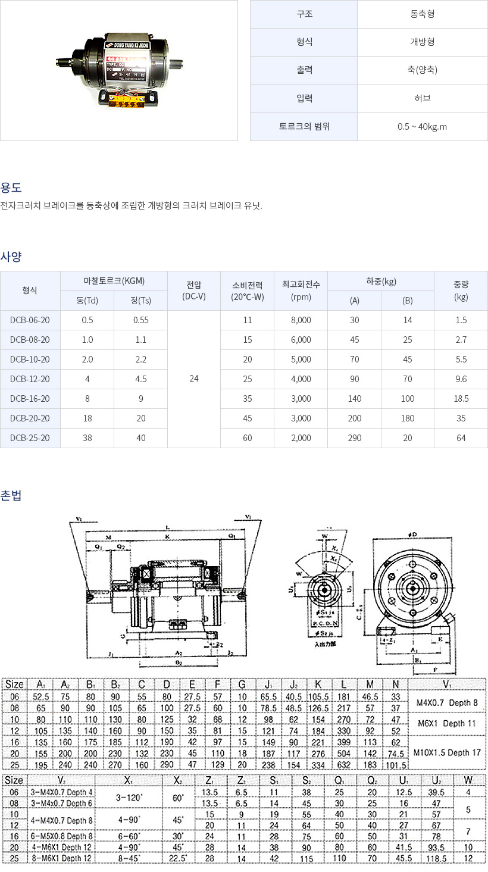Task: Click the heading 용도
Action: point(11,187)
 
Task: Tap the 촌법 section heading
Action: point(11,495)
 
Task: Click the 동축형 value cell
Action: point(422,14)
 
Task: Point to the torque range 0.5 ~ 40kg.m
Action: point(422,126)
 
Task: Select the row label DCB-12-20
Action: point(30,379)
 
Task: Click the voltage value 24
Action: point(193,379)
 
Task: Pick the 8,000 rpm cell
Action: point(301,320)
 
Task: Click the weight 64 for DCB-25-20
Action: point(461,438)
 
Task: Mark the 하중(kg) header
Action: point(381,282)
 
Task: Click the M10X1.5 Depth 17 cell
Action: point(447,752)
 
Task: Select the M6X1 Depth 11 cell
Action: point(447,723)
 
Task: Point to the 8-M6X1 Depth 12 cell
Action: point(49,858)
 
